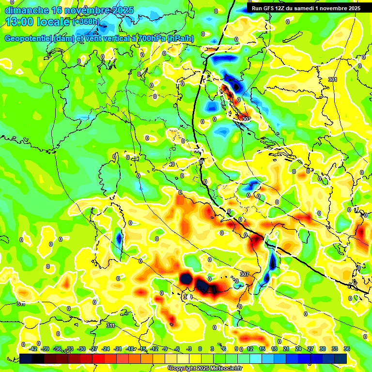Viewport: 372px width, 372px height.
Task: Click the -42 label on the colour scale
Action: [x=33, y=349]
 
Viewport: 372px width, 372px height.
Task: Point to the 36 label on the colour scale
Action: [x=347, y=349]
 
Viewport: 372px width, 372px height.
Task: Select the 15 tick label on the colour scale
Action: [x=262, y=349]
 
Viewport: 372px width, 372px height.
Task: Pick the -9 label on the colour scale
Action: [x=165, y=349]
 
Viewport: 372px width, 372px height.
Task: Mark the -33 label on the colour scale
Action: [x=69, y=349]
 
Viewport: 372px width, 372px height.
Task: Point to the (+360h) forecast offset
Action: [x=86, y=22]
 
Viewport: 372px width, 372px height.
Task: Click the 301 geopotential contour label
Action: [x=332, y=79]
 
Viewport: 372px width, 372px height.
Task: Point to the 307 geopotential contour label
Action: [x=245, y=274]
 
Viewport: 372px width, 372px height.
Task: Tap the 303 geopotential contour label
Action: [x=246, y=119]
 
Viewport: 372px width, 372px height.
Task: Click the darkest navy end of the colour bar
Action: [x=26, y=358]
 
